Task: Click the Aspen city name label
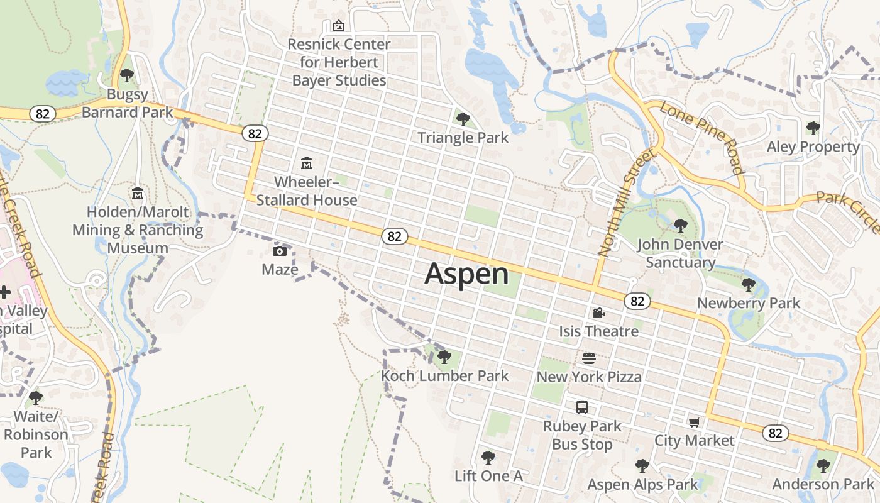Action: coord(466,274)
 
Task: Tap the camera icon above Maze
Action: coord(280,251)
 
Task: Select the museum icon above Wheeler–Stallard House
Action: coord(307,163)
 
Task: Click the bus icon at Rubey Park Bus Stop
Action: coord(582,407)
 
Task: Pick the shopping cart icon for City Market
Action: coord(694,422)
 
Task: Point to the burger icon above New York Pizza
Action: coord(589,358)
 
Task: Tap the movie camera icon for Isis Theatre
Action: coord(598,312)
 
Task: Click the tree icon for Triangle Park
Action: coord(463,119)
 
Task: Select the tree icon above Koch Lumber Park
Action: coord(444,357)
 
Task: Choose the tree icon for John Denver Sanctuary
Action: coord(680,225)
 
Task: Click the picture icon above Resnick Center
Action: coord(339,26)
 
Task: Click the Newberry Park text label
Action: coord(749,303)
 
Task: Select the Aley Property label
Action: coord(813,146)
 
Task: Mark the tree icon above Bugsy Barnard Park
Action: coord(127,76)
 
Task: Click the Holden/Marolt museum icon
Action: coord(138,193)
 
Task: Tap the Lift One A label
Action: coord(488,476)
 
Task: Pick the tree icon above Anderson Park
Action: coord(823,466)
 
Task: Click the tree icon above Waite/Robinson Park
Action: coord(36,397)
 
